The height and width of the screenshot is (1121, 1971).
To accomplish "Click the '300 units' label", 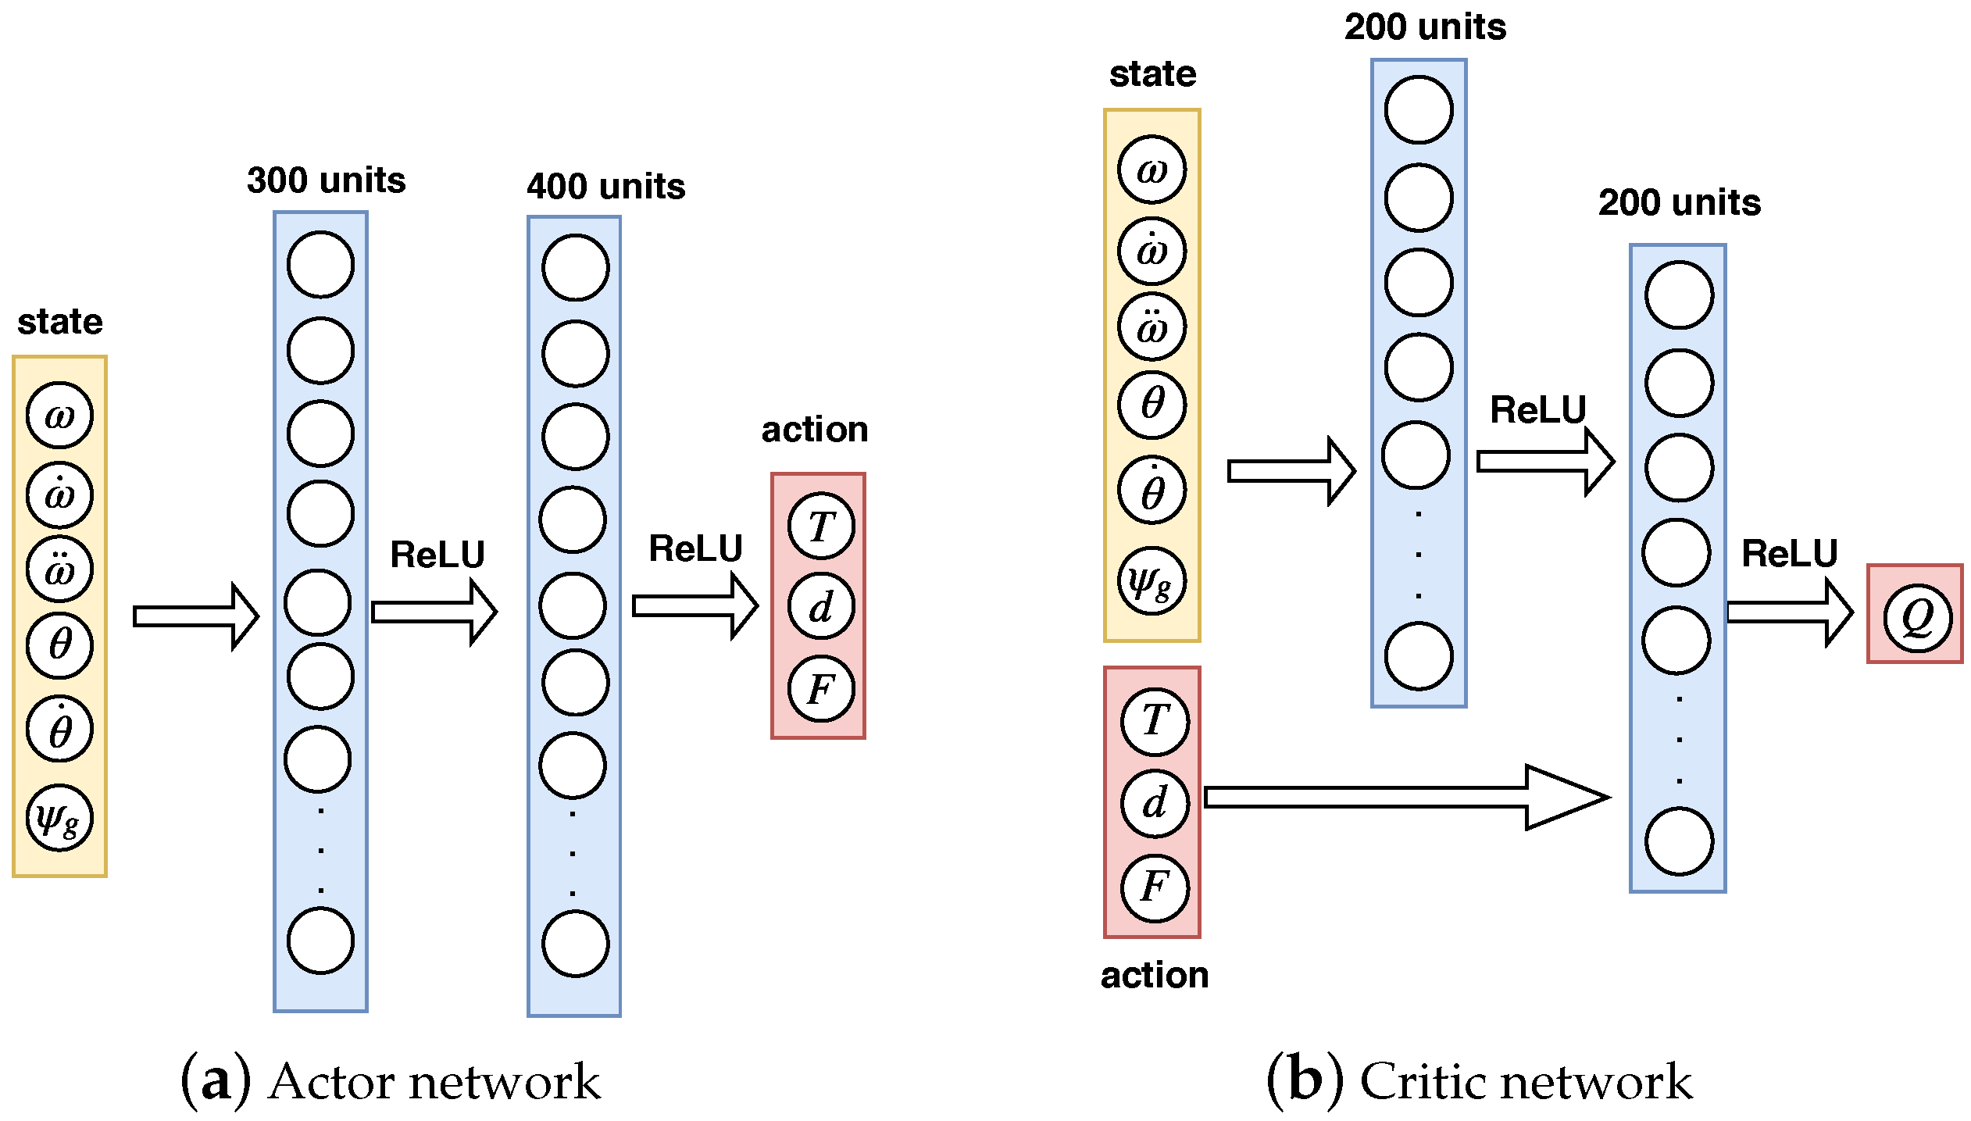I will coord(326,180).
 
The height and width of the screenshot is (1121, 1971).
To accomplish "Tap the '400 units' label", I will coord(605,187).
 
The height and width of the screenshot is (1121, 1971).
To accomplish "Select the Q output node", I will coord(1916,617).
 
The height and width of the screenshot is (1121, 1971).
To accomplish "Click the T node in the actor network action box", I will coord(821,526).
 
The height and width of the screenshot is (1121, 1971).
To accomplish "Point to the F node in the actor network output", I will coord(821,689).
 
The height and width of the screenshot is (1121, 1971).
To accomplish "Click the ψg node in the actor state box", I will coord(59,817).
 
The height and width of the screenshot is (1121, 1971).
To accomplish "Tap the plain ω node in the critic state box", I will coord(1152,170).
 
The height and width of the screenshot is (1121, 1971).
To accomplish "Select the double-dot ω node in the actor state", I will coord(59,569).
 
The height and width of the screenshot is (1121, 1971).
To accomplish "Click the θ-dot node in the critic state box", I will coord(1152,490).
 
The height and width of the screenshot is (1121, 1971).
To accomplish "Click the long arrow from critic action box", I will coord(1406,797).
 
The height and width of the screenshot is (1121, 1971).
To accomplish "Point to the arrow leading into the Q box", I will coord(1789,612).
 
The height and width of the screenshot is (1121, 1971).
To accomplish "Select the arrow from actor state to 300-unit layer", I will coord(195,616).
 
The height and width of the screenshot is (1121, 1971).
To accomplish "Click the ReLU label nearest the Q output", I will coord(1789,554).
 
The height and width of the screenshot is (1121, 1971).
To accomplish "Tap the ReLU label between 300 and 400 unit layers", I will coord(437,555).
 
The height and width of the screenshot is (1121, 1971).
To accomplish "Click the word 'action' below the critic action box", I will coord(1155,975).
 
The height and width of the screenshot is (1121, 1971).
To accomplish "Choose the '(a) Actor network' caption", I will coord(391,1082).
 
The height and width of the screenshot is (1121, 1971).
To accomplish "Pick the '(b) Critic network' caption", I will coord(1479,1082).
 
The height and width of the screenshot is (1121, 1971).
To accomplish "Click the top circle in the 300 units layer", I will coord(320,264).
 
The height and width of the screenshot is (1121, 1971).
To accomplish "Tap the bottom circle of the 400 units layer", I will coord(576,944).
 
